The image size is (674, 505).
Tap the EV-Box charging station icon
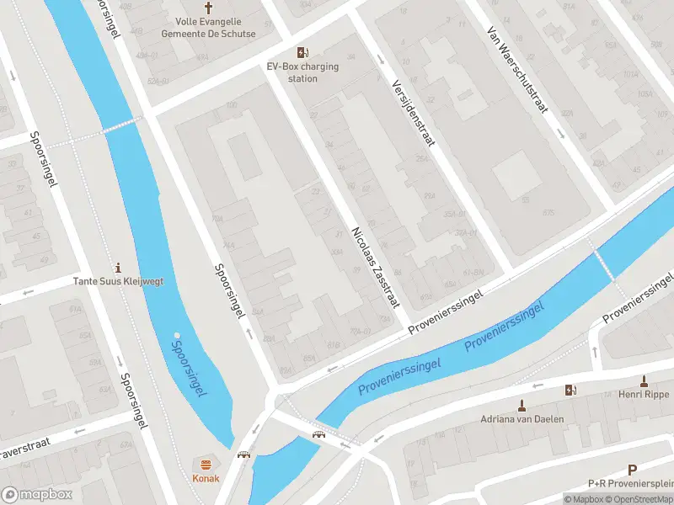302,52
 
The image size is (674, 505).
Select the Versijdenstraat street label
413,112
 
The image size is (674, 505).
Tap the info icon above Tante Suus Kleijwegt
117,265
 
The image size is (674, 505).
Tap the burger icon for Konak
206,464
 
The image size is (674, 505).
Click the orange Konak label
206,478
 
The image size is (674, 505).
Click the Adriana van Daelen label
522,418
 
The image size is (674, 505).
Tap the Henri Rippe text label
643,394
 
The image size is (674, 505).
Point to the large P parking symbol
632,470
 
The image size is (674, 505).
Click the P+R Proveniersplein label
630,484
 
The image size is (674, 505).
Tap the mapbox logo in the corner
36,494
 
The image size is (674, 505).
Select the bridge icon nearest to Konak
244,454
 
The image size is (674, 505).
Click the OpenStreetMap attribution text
643,500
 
